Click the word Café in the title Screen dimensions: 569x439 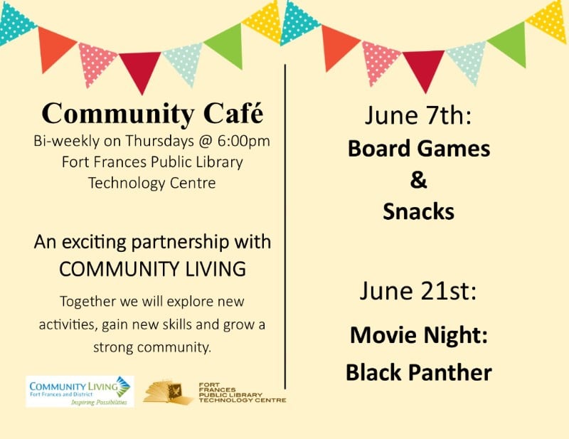(233, 113)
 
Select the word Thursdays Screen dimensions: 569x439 (159, 141)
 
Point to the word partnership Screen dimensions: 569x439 (181, 243)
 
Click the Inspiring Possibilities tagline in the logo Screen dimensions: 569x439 (99, 402)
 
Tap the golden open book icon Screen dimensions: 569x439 (169, 391)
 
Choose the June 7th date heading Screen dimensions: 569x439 (418, 115)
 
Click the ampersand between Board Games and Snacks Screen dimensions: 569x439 (418, 180)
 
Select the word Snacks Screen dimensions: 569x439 (418, 211)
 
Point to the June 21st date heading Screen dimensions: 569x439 (418, 291)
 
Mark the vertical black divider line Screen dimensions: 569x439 (285, 226)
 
